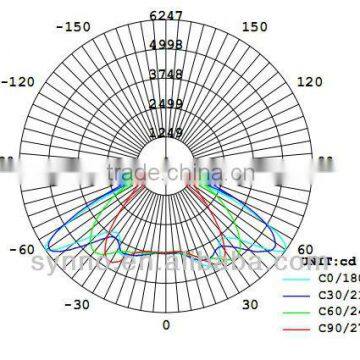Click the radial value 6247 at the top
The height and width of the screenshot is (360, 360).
point(167,15)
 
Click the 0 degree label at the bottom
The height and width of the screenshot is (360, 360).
point(167,326)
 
